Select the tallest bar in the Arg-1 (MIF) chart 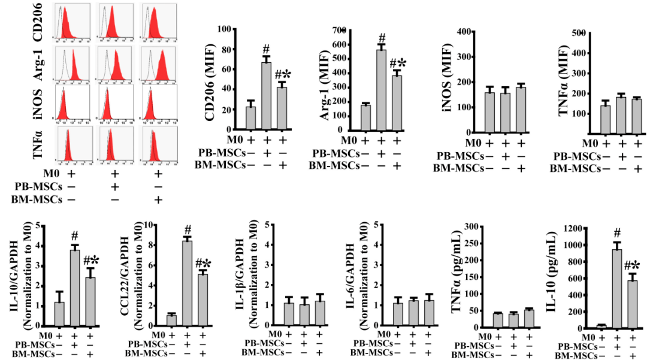[x=380, y=90]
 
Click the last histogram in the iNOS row [x=159, y=102]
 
